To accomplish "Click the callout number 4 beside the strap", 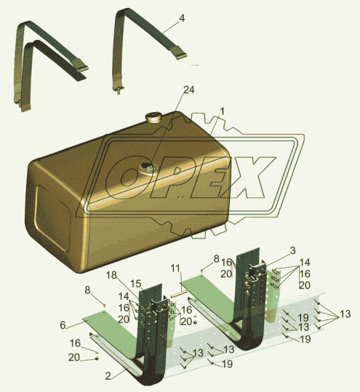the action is pyautogui.click(x=182, y=18).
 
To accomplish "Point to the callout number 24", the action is pyautogui.click(x=189, y=89).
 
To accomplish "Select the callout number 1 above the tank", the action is pyautogui.click(x=223, y=111).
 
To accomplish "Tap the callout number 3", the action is pyautogui.click(x=293, y=250).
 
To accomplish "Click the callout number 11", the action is pyautogui.click(x=175, y=268).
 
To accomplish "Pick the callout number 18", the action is pyautogui.click(x=111, y=275).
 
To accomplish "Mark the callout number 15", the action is pyautogui.click(x=136, y=284).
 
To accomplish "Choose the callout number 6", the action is pyautogui.click(x=63, y=325).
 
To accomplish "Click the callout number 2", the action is pyautogui.click(x=108, y=376).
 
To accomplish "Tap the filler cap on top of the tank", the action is pyautogui.click(x=153, y=117).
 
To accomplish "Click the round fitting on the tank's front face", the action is pyautogui.click(x=147, y=168).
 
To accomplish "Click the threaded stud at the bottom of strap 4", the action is pyautogui.click(x=117, y=91).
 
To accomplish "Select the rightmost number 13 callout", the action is pyautogui.click(x=345, y=314).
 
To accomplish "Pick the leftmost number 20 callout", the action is pyautogui.click(x=74, y=358).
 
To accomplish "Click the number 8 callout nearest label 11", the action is pyautogui.click(x=216, y=258).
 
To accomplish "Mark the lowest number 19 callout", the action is pyautogui.click(x=227, y=364).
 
